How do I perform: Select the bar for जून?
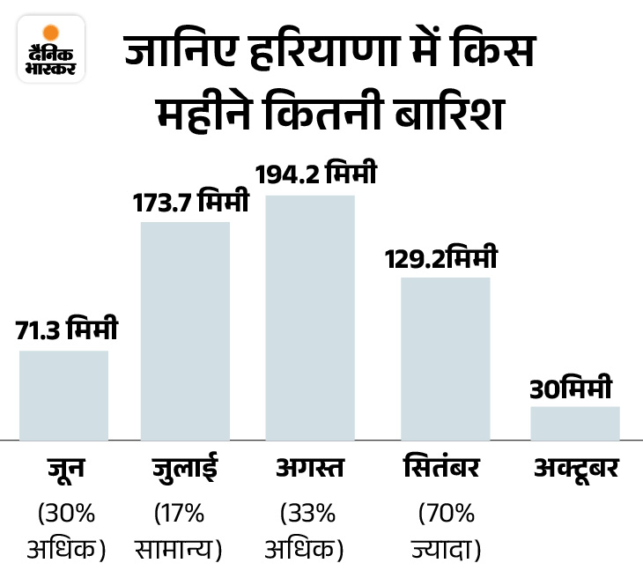(x=63, y=394)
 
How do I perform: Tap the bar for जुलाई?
(x=185, y=330)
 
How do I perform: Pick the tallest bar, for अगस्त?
(x=310, y=316)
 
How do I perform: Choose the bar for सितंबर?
(x=445, y=358)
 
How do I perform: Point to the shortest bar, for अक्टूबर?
(x=574, y=422)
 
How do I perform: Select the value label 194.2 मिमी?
(x=315, y=174)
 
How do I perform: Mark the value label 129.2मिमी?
(x=440, y=259)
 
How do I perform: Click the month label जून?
(x=65, y=469)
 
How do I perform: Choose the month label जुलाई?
(x=186, y=469)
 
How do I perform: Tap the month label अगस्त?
(x=311, y=469)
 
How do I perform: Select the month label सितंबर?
(x=445, y=469)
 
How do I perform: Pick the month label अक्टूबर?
(x=576, y=469)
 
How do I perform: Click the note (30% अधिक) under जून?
(x=66, y=530)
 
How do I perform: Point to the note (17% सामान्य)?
(x=181, y=530)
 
